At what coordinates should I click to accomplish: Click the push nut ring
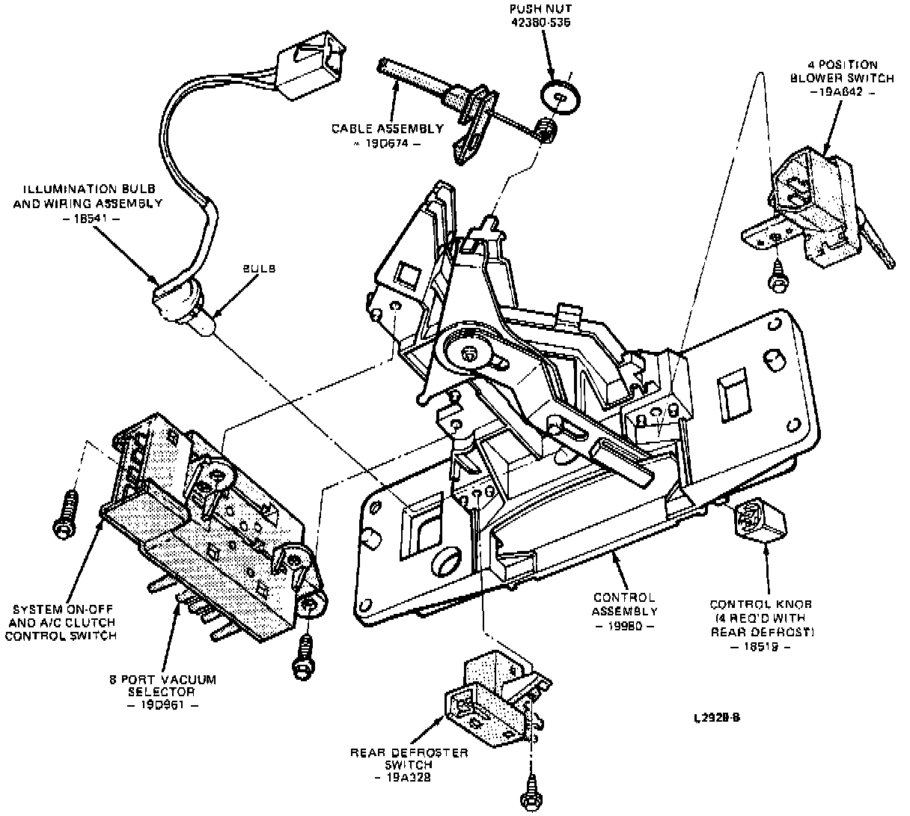pos(561,95)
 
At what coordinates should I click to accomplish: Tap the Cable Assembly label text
pos(388,128)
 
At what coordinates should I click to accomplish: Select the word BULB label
pos(258,269)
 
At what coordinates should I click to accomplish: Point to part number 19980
pos(624,626)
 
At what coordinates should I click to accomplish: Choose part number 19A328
pos(409,778)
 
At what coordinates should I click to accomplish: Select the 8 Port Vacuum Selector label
pos(162,686)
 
